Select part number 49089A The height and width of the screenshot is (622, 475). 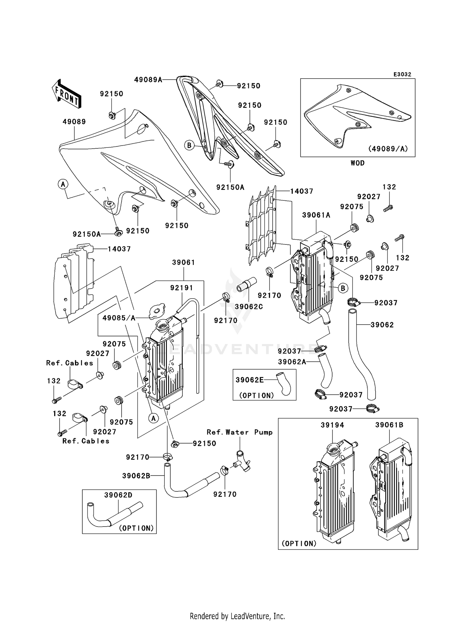[x=148, y=80]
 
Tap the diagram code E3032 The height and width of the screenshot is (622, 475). [x=402, y=75]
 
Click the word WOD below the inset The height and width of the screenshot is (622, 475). [x=358, y=163]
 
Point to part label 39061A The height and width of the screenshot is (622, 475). [x=316, y=215]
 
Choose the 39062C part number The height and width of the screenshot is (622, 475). [x=249, y=307]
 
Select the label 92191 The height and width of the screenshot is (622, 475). [x=181, y=288]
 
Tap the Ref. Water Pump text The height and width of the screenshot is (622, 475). [x=240, y=432]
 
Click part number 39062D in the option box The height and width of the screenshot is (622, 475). [x=118, y=495]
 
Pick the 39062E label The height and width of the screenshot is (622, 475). [x=250, y=380]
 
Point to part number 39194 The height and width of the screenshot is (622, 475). [x=332, y=425]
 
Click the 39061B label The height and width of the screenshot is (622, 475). [x=389, y=425]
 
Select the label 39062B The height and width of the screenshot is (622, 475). [x=136, y=476]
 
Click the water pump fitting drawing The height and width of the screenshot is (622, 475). [x=242, y=462]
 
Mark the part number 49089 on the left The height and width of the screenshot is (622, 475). [x=74, y=122]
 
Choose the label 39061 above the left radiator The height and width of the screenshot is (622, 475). [x=184, y=262]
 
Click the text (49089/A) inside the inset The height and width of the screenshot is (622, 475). [x=388, y=148]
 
